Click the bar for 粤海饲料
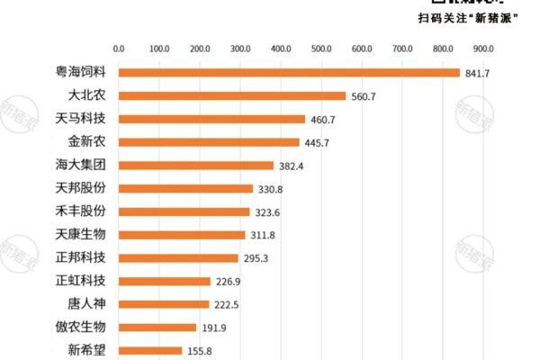[x=289, y=73]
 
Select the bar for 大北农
[x=232, y=95]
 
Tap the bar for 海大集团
[x=196, y=166]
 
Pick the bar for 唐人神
[x=164, y=304]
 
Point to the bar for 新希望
[x=150, y=350]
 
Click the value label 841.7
[x=477, y=73]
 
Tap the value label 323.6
[x=267, y=212]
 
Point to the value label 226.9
[x=228, y=282]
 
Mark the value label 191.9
[x=213, y=328]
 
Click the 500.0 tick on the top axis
[x=319, y=49]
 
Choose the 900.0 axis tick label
[x=481, y=49]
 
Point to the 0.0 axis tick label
[x=119, y=49]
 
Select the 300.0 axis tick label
[x=239, y=49]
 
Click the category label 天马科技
[x=80, y=119]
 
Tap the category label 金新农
[x=86, y=141]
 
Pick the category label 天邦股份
[x=80, y=188]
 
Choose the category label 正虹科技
[x=80, y=281]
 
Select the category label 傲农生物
[x=80, y=327]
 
